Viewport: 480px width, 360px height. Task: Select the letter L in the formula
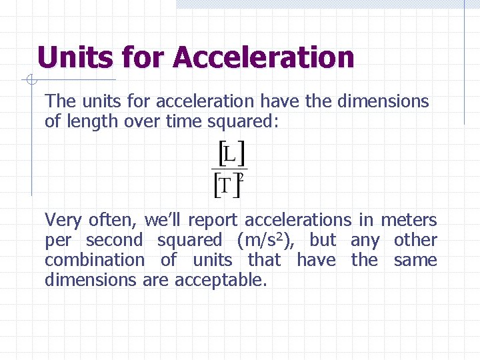point(230,155)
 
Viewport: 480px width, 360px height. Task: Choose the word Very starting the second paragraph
point(64,220)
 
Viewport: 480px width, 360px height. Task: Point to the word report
point(214,220)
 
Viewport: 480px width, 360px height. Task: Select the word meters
point(409,220)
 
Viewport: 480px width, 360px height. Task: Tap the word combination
point(94,260)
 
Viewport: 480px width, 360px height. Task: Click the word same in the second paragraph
point(415,260)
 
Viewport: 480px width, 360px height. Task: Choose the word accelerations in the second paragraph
point(298,220)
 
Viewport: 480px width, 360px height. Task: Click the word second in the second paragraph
point(115,240)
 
